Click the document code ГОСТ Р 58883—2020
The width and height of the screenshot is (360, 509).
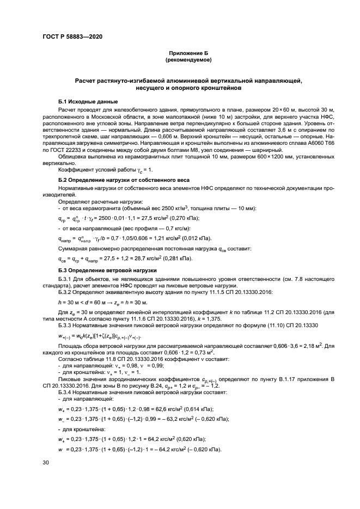[72, 36]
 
